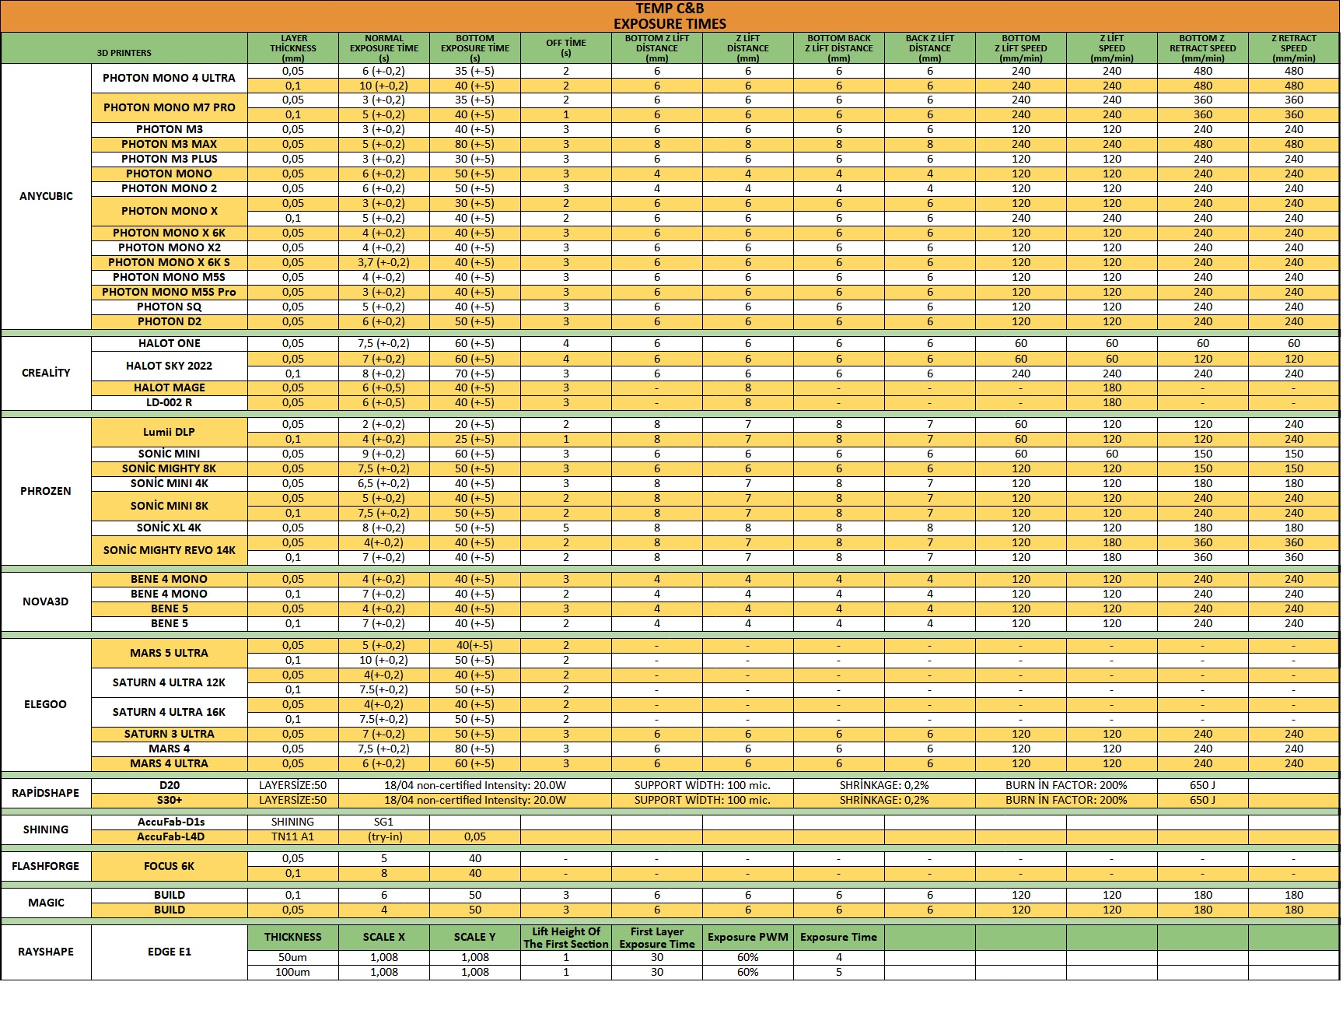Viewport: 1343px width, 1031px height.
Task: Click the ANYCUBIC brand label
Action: [46, 196]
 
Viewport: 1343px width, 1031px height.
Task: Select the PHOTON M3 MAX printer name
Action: [169, 144]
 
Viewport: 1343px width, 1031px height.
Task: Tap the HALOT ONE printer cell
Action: [169, 343]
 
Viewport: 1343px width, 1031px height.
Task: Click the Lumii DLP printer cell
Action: [169, 432]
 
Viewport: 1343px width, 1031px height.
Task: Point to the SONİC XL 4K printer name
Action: [169, 528]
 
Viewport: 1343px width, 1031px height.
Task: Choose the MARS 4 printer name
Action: [169, 749]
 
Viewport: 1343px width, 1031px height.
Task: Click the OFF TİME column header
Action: [565, 47]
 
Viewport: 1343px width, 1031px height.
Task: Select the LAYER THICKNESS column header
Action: [293, 47]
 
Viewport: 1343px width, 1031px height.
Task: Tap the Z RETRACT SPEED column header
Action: [1293, 47]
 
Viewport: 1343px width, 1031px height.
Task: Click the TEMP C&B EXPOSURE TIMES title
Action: [670, 16]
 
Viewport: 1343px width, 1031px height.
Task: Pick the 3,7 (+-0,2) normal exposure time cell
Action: [383, 262]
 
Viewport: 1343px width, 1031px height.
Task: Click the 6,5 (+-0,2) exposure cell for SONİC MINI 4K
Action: [383, 483]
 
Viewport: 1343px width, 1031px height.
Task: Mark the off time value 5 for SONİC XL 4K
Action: [565, 528]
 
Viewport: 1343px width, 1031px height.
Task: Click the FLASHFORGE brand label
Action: [46, 866]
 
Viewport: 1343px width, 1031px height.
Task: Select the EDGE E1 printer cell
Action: [169, 952]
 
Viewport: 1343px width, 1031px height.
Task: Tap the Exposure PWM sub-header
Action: [747, 937]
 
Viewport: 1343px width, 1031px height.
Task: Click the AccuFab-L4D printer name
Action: [170, 836]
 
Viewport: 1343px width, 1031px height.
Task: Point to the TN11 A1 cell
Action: [292, 836]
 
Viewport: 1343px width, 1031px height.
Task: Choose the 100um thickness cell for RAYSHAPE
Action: [292, 972]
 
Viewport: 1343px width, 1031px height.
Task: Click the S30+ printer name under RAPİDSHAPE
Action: [169, 800]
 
